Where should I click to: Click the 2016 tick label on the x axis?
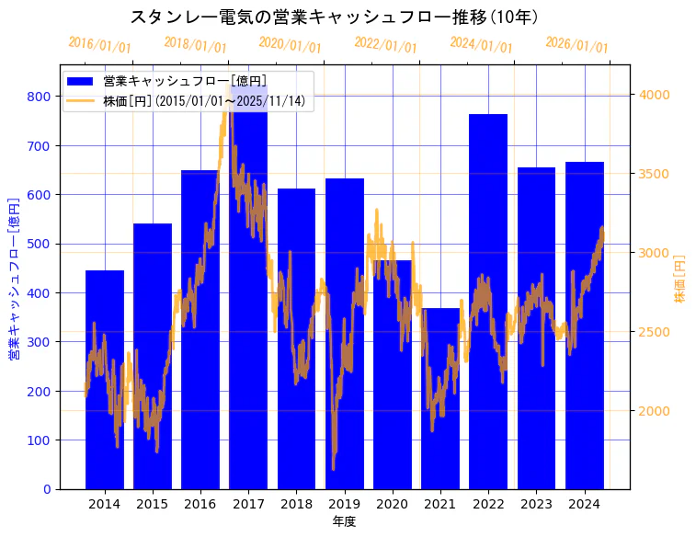point(200,504)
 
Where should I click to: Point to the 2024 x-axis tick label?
point(584,504)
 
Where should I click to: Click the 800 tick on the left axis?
point(39,97)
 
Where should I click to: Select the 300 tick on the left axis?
point(39,342)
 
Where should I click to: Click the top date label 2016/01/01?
point(100,45)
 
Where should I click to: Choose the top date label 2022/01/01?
point(386,45)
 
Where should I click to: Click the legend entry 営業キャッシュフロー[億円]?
point(185,81)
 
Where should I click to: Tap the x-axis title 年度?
point(344,521)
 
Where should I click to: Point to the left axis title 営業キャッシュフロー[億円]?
point(14,279)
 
